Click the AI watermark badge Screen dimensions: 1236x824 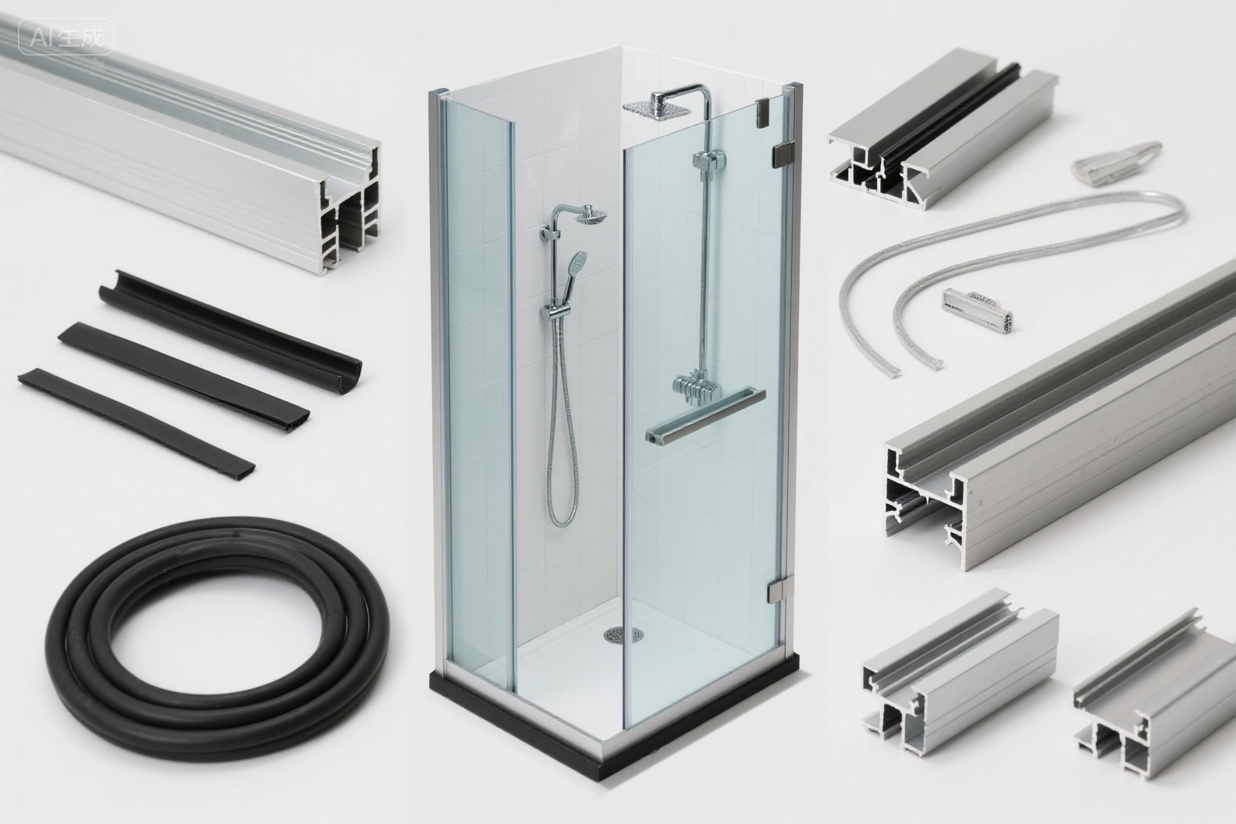coord(66,37)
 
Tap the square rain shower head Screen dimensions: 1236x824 coord(657,107)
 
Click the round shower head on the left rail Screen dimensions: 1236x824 coord(591,215)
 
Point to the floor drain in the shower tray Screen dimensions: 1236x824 coord(623,634)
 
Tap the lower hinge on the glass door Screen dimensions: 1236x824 coord(777,591)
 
